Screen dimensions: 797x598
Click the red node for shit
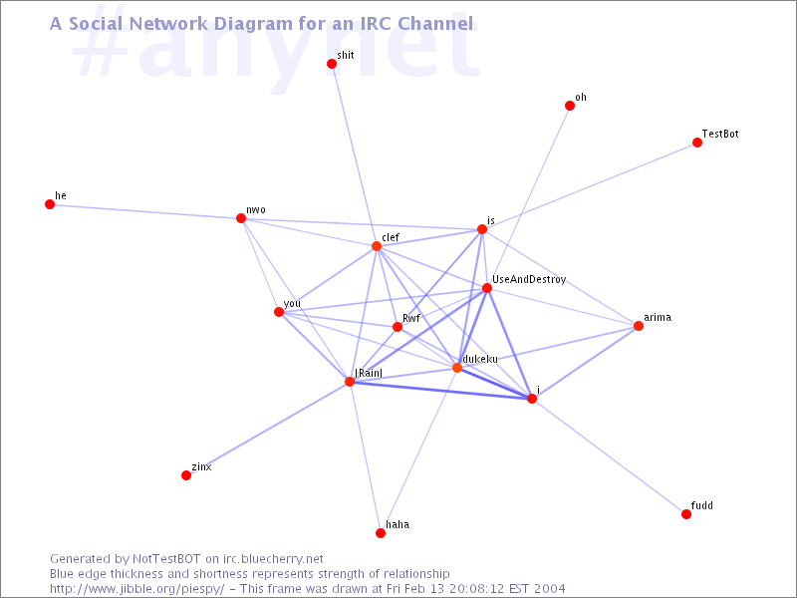[x=332, y=64]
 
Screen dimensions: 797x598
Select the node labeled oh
[x=569, y=106]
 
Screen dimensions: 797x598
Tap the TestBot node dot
[x=696, y=143]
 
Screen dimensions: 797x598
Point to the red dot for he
[x=49, y=204]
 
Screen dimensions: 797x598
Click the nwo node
[x=241, y=218]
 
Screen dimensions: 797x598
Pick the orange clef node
[x=377, y=246]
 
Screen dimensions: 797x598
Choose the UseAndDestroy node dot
[x=486, y=288]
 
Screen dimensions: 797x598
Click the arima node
[x=638, y=326]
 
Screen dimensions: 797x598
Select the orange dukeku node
[x=457, y=367]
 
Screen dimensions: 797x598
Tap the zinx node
[x=186, y=475]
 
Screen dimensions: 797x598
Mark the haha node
[x=381, y=533]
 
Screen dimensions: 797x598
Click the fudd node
[x=686, y=514]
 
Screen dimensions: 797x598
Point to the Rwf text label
[x=411, y=318]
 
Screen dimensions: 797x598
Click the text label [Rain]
[x=369, y=373]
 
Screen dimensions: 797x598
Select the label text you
[x=292, y=304]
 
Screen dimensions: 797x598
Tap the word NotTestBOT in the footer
[x=166, y=559]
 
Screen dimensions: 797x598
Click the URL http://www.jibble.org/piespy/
[x=136, y=589]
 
